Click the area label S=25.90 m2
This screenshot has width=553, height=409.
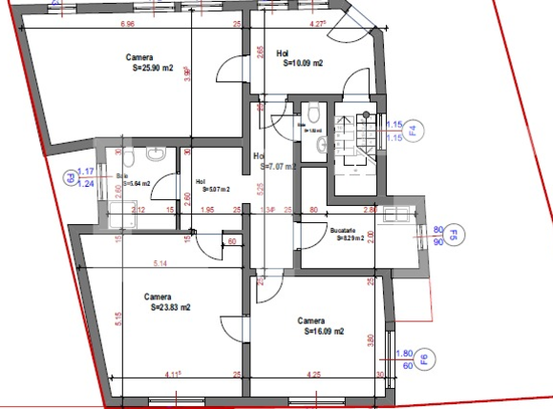[x=153, y=68]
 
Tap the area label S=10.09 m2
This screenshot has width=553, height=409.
[x=300, y=65]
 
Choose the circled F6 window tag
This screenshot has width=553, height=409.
[x=425, y=359]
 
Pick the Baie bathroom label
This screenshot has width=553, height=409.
[x=121, y=175]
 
